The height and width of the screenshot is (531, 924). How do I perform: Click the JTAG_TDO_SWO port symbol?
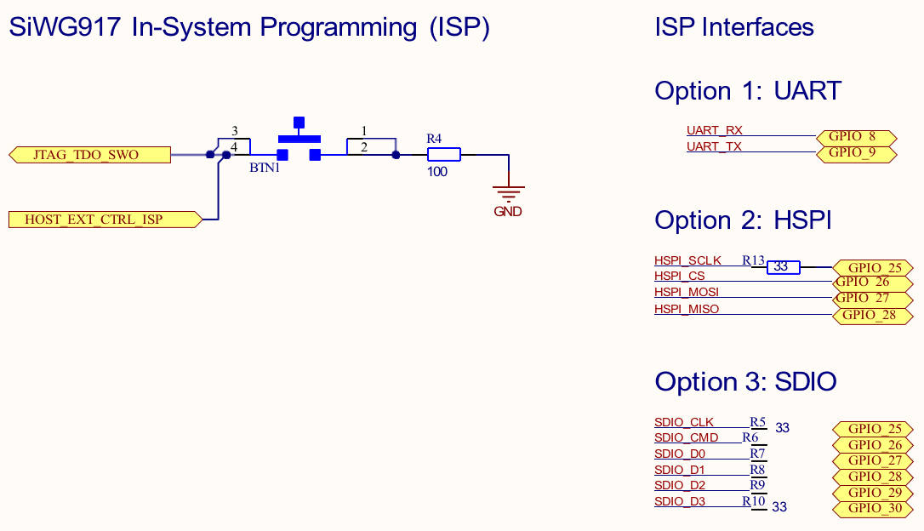coord(89,154)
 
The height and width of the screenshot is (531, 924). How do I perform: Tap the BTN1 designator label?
coord(265,168)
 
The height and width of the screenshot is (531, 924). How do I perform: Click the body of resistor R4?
coord(443,154)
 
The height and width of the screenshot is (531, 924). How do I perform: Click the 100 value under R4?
coord(437,172)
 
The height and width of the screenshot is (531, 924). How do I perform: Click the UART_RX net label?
coord(715,130)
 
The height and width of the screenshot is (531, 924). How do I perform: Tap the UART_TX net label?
coord(714,146)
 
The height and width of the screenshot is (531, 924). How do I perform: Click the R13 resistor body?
coord(784,267)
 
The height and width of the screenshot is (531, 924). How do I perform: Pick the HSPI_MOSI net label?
coord(687,292)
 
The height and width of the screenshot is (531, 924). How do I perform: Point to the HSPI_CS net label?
coord(679,276)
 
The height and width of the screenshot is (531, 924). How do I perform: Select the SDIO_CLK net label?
coord(684,422)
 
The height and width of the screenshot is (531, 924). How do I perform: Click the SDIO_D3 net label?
coord(680,501)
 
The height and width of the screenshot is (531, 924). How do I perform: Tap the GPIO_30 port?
coord(874,509)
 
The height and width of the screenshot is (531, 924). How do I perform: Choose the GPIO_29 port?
coord(874,493)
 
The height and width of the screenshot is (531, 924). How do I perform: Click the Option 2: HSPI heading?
coord(742,220)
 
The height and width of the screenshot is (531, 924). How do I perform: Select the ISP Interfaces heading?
coord(734,27)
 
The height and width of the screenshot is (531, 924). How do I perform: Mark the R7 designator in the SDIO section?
coord(757,454)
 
